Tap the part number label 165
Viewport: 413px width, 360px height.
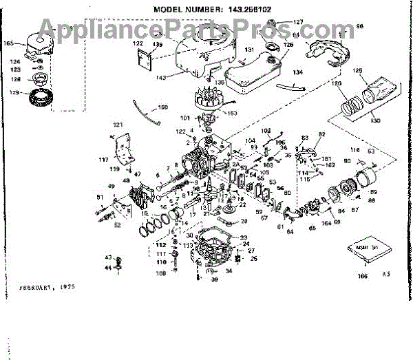click(x=9, y=43)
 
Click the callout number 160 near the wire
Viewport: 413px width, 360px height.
click(x=162, y=107)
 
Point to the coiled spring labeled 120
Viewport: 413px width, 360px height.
click(x=354, y=104)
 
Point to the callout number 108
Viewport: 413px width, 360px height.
click(x=162, y=273)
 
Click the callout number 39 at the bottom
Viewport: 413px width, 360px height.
click(x=214, y=280)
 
